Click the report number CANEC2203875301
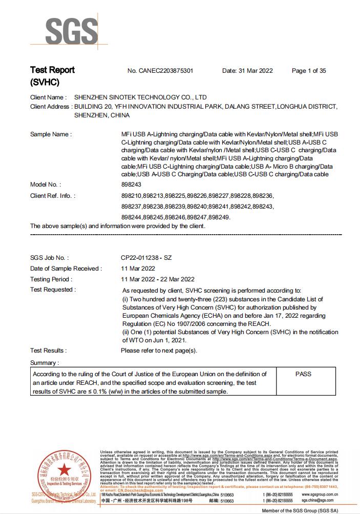pos(160,71)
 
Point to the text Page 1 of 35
pos(309,71)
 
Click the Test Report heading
pos(52,70)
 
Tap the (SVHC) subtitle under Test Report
pos(45,82)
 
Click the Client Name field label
pos(48,97)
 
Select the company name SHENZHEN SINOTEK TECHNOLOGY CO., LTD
pos(141,97)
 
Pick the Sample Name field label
pos(51,134)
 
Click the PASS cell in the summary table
pos(303,374)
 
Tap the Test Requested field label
pos(53,290)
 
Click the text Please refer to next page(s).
pos(159,351)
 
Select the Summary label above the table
pos(44,363)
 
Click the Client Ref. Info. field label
pos(53,196)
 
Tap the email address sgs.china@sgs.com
pos(317,500)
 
